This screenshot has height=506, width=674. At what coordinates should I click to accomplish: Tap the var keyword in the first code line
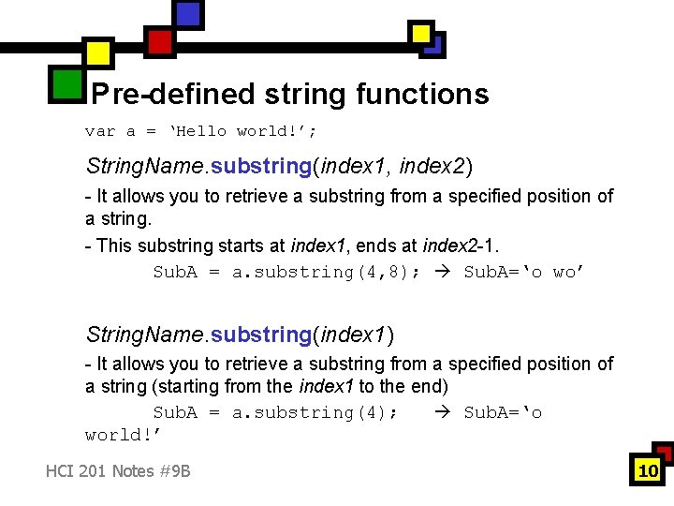(100, 131)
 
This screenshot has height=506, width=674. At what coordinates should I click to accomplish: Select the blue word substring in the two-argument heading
(262, 167)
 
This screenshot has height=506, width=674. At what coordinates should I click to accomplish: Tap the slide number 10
(648, 470)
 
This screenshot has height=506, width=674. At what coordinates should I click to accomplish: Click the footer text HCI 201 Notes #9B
(118, 470)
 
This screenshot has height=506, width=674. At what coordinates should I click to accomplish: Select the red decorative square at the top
(160, 41)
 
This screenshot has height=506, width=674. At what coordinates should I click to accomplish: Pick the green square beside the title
(67, 83)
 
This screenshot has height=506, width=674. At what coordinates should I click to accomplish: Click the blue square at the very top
(188, 13)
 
